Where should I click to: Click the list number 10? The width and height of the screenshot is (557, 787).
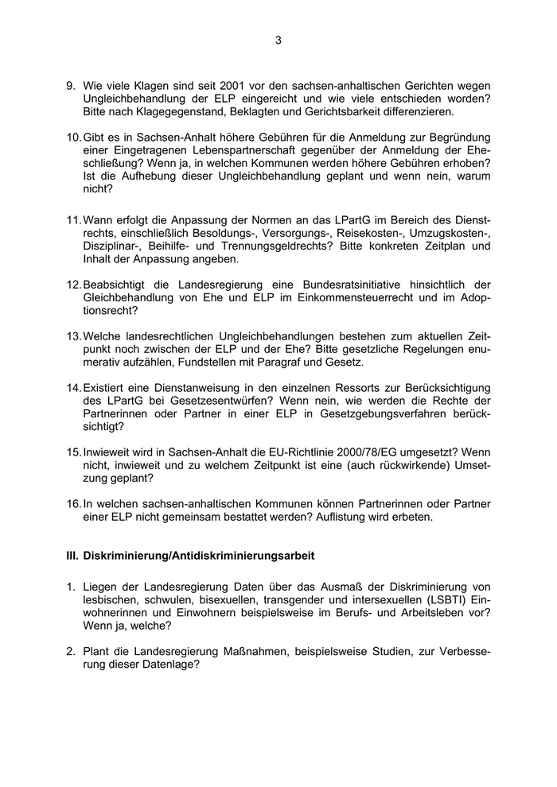(73, 138)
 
